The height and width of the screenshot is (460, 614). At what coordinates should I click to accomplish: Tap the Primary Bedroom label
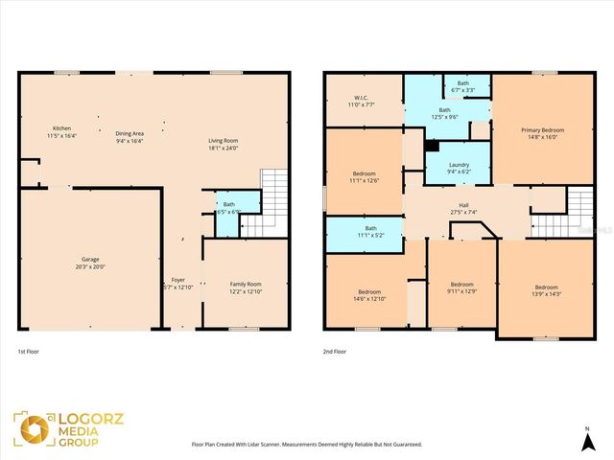tap(543, 134)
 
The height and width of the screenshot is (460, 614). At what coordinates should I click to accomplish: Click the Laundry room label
tap(459, 169)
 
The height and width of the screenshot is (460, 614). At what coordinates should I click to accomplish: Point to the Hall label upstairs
tap(463, 209)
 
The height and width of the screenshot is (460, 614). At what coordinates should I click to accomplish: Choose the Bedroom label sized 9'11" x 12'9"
tap(462, 287)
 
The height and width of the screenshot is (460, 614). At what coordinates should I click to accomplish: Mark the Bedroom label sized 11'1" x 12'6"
tap(364, 177)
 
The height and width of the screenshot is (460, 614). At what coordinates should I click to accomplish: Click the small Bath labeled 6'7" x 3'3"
tap(463, 86)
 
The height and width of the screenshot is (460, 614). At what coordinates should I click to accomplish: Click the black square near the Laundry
tap(432, 147)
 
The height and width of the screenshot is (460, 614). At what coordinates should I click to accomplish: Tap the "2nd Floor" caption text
tap(336, 353)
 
